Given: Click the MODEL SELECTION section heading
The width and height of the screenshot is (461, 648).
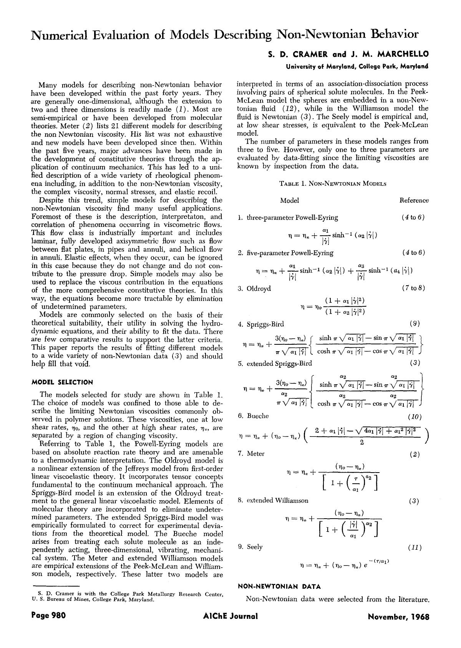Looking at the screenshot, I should click(x=62, y=382).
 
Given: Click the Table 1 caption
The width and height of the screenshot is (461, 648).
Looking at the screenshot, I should click(x=333, y=183).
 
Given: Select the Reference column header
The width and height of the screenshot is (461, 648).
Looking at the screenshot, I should click(x=414, y=200).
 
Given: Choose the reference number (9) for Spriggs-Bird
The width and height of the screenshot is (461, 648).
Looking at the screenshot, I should click(x=415, y=324).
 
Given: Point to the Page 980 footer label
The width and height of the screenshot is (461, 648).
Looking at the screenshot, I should click(x=49, y=616).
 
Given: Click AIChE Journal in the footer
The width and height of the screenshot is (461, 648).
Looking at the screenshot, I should click(x=230, y=616).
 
